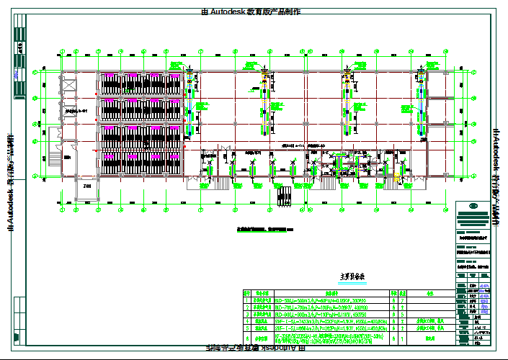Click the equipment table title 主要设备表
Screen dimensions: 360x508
click(x=348, y=276)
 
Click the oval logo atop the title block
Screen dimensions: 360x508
click(x=476, y=209)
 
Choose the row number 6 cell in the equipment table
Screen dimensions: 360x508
click(x=246, y=336)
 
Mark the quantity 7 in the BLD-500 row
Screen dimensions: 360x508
click(x=392, y=300)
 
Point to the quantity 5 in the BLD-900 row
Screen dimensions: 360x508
click(x=392, y=315)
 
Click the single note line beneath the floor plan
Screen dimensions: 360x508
click(x=265, y=229)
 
